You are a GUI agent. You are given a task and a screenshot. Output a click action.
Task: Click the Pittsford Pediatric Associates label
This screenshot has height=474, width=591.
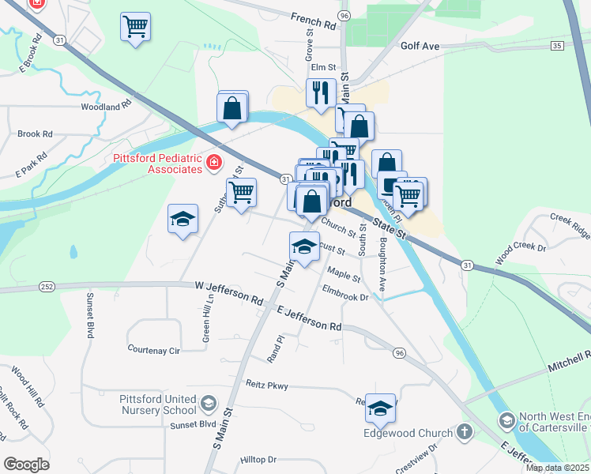pos(157,164)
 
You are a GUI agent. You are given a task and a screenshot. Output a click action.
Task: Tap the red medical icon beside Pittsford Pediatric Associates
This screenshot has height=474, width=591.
pos(213,164)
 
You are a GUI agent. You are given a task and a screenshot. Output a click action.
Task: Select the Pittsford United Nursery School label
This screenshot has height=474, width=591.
pos(157,404)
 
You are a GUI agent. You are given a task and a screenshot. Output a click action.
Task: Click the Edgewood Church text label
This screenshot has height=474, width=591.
pos(408,432)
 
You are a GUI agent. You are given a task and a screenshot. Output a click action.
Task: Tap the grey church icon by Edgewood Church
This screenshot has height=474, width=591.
pos(465,432)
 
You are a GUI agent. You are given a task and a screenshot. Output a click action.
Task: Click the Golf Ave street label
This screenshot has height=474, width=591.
pos(420,47)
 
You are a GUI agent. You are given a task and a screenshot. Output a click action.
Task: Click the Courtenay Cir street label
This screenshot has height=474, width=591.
pos(154,348)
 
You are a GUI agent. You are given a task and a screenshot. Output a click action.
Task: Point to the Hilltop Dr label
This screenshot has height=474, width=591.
pos(258,459)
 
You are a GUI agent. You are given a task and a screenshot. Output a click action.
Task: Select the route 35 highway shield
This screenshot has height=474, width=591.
pos(557,47)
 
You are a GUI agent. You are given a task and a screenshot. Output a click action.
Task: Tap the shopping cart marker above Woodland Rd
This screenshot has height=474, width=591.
pos(136,27)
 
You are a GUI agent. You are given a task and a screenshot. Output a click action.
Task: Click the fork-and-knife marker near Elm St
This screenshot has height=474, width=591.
pos(321,92)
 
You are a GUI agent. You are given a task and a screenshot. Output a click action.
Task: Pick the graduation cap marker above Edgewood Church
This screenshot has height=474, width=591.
pos(381,408)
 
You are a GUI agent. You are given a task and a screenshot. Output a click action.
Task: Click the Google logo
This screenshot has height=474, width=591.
pos(27,465)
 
